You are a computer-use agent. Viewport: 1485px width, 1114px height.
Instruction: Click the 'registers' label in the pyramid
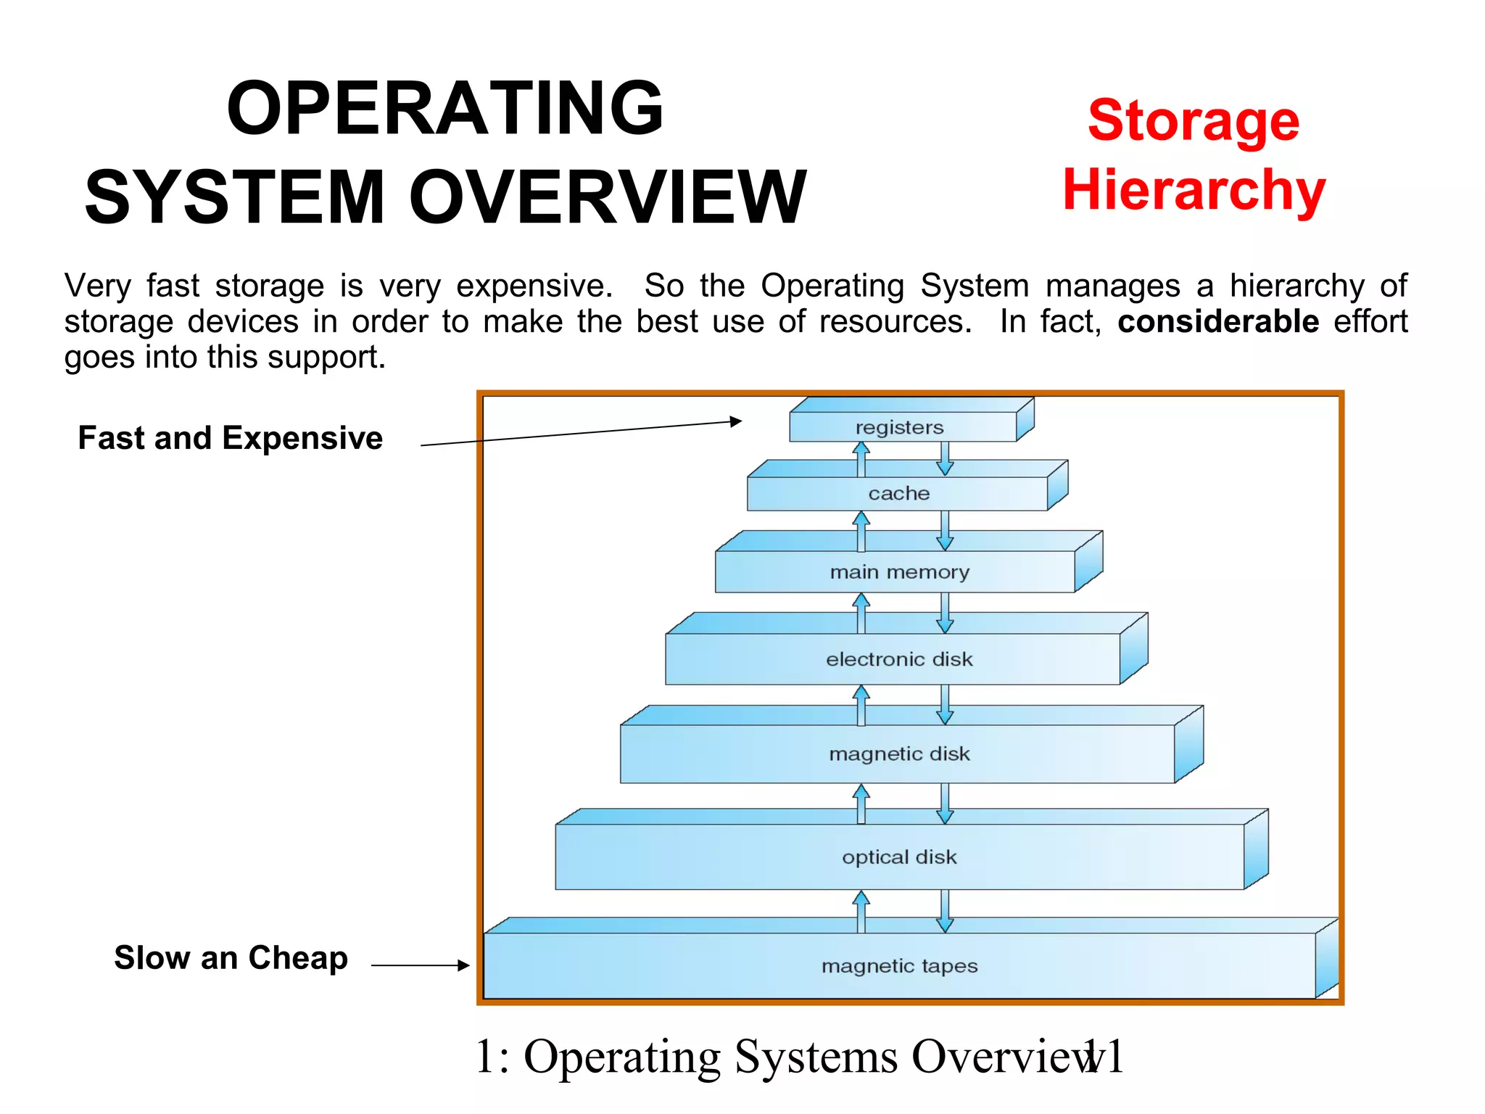pos(899,427)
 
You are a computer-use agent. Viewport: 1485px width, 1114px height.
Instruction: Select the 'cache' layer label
pos(898,493)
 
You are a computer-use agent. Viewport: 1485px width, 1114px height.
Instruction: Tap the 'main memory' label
pos(899,572)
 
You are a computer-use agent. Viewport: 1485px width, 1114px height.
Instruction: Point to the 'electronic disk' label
pos(899,659)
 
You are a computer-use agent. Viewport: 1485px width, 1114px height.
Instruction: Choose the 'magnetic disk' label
pos(899,754)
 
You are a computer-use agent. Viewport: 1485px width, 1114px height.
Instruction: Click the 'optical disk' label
pos(899,857)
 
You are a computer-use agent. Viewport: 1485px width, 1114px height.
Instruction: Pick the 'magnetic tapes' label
pos(899,966)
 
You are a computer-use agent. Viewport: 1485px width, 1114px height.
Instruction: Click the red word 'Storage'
pos(1194,120)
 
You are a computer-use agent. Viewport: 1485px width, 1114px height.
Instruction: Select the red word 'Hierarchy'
pos(1194,190)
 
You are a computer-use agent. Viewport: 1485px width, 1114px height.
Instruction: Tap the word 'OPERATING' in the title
pos(445,109)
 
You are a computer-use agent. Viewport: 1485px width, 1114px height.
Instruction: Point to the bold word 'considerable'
pos(1217,321)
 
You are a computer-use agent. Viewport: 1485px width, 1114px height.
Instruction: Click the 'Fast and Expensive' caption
pos(230,438)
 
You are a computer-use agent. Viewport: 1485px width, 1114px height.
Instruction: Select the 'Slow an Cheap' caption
pos(231,958)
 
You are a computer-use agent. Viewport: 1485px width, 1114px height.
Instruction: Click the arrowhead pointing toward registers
pos(736,421)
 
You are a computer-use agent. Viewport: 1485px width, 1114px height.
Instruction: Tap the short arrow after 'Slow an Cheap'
pos(421,965)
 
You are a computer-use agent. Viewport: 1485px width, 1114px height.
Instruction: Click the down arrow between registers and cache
pos(945,459)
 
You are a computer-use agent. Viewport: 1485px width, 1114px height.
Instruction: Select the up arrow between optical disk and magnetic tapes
pos(861,911)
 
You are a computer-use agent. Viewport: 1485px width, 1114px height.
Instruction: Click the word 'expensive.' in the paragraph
pos(534,286)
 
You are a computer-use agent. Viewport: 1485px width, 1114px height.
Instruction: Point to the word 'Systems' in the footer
pos(816,1057)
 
